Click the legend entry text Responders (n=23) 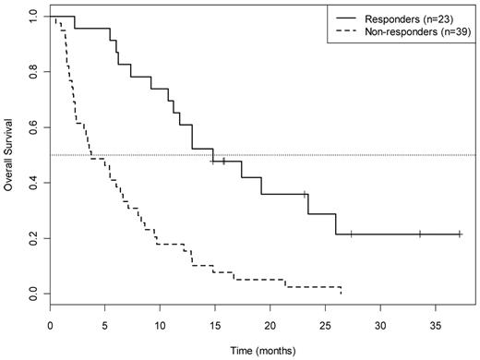pos(416,18)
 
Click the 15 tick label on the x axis pos(215,325)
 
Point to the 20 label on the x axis pos(270,325)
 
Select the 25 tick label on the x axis pos(325,325)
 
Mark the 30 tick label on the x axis pos(379,325)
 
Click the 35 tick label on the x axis pos(435,325)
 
